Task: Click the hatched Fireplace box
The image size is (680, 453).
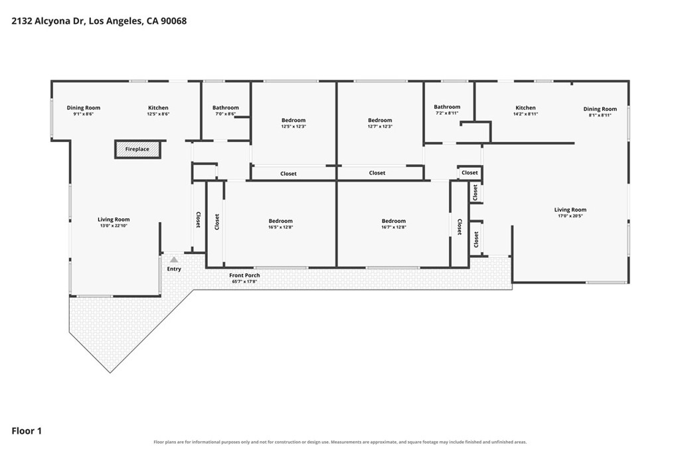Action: click(137, 149)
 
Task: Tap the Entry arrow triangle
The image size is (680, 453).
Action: click(174, 260)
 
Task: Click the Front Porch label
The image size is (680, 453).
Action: click(244, 275)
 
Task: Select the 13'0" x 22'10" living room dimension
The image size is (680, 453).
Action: click(114, 226)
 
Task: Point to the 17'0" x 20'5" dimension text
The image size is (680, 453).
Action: click(570, 216)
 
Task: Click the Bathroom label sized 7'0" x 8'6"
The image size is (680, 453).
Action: click(226, 108)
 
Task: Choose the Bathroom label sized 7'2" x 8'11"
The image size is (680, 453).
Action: click(447, 107)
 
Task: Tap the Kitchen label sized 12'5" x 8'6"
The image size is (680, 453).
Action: click(158, 108)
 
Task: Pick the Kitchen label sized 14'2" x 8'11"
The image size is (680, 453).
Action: click(526, 108)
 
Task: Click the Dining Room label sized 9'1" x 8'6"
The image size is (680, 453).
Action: click(84, 108)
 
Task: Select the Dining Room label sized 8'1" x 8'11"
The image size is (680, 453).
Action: click(600, 109)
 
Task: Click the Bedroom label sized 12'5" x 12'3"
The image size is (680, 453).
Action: click(294, 121)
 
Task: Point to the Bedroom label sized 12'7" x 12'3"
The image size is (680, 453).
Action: click(380, 121)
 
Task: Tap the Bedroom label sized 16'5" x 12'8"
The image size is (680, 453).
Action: click(281, 222)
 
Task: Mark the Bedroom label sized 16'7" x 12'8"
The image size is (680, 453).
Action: click(394, 222)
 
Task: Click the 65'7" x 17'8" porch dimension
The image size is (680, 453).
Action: click(244, 281)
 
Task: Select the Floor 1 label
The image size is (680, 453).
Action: click(27, 431)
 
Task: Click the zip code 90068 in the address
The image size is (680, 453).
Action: click(173, 21)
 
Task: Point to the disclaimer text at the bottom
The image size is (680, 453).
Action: click(340, 442)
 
